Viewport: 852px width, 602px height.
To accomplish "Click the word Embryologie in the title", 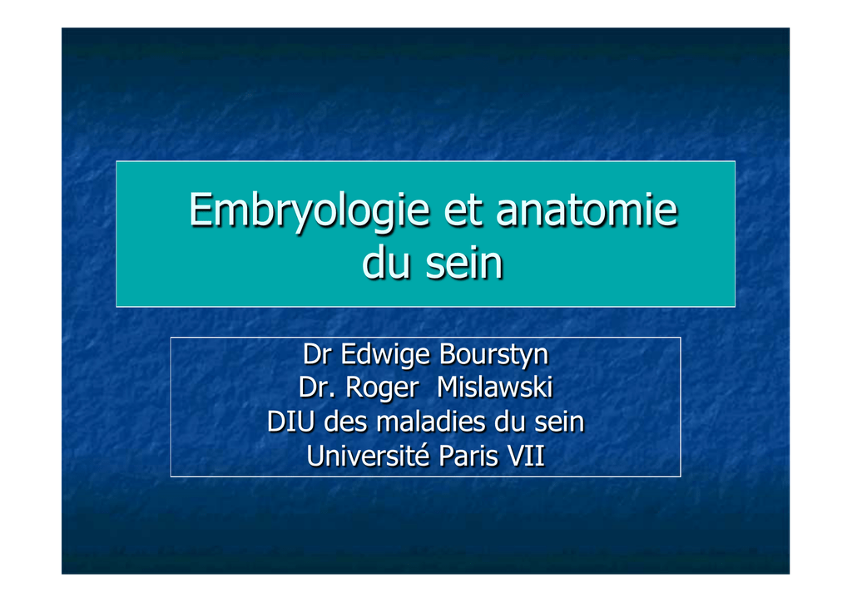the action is coord(310,211).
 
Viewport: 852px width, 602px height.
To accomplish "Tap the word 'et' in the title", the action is coord(463,210).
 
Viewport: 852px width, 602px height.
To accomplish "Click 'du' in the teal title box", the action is coord(385,262).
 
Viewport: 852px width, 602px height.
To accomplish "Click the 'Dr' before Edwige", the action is coord(317,354).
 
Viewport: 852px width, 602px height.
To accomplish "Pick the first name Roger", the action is coord(382,389).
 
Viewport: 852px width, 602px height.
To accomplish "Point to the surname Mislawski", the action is coord(494,387).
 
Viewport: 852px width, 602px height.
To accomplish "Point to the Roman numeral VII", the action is coord(526,456).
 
